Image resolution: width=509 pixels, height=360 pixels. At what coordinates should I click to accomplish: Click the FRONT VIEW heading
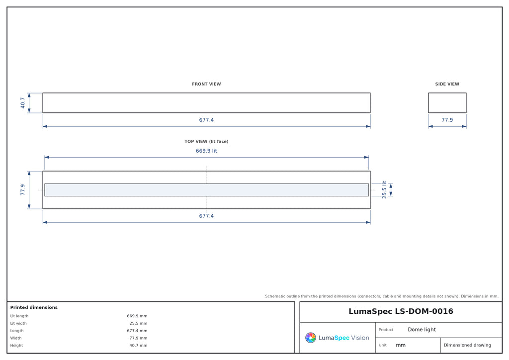point(206,84)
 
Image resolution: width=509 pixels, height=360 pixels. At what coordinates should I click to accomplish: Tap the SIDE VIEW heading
point(447,84)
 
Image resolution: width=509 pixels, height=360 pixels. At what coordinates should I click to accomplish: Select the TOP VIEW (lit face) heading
point(206,142)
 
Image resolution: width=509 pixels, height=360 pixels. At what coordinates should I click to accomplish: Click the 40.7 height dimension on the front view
point(22,103)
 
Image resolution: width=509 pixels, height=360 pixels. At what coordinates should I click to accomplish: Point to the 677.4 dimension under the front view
point(206,120)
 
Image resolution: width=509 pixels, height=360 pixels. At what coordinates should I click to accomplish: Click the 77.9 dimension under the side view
point(447,120)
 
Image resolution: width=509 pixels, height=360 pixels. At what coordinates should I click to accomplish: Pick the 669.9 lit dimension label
point(206,151)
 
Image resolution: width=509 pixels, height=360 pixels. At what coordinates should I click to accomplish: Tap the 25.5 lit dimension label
point(384,190)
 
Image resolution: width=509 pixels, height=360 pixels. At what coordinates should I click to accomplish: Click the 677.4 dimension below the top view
point(206,216)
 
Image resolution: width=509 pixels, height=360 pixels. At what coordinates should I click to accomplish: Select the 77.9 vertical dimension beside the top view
point(22,190)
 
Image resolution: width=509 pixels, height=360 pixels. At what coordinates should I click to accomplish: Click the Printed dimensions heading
point(34,307)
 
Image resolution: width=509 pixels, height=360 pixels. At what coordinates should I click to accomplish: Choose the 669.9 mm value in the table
point(137,316)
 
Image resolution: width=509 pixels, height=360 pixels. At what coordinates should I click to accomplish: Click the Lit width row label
point(18,323)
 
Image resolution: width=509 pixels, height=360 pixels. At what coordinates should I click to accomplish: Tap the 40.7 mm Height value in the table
point(138,346)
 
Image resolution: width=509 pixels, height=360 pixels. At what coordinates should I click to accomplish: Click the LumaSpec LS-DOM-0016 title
point(401,311)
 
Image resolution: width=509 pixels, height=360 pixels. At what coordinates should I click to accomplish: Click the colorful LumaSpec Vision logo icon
point(311,338)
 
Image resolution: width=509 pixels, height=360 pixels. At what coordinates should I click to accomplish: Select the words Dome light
point(422,330)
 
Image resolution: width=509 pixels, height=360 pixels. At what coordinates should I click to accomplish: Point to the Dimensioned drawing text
point(467,345)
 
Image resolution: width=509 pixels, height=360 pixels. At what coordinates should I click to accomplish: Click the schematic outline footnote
point(381,296)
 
